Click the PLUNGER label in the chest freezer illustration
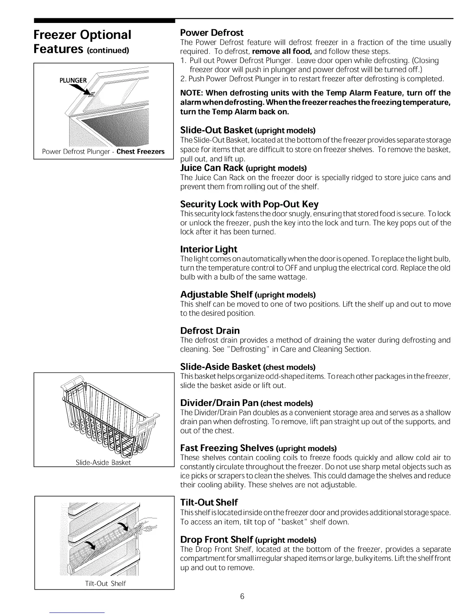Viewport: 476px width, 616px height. [73, 80]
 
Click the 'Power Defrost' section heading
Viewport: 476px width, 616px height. [212, 33]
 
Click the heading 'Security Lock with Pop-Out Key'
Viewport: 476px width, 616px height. [249, 204]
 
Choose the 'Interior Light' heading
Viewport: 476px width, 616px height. [208, 249]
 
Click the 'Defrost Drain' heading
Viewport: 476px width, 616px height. [210, 331]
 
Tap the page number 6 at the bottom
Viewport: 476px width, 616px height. [242, 597]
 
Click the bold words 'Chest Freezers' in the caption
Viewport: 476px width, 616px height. [140, 152]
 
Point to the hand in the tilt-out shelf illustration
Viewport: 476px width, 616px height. [150, 523]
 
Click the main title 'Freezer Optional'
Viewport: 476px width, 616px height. [82, 35]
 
